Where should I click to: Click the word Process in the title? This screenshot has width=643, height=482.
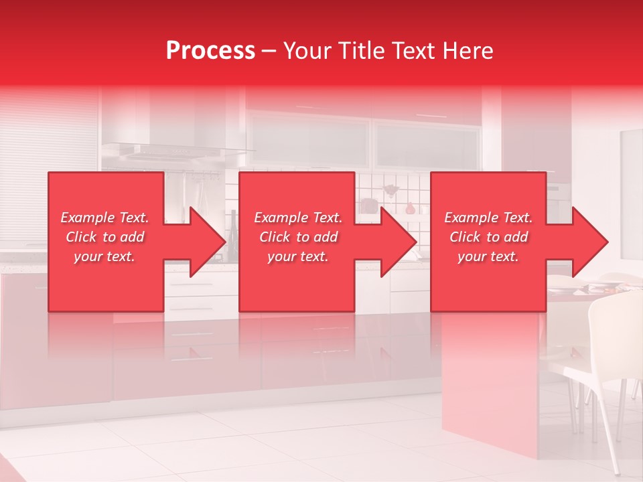[210, 51]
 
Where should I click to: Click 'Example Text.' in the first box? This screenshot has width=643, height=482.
[104, 218]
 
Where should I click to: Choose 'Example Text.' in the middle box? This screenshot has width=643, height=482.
[298, 218]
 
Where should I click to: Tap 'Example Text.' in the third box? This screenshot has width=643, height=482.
[488, 218]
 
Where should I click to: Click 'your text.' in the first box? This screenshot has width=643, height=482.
[104, 256]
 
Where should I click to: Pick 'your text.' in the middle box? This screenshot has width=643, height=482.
[298, 256]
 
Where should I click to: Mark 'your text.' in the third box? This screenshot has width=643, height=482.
[488, 256]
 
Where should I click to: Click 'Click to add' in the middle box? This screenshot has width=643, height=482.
[298, 237]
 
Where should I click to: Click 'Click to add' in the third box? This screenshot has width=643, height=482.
[488, 237]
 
